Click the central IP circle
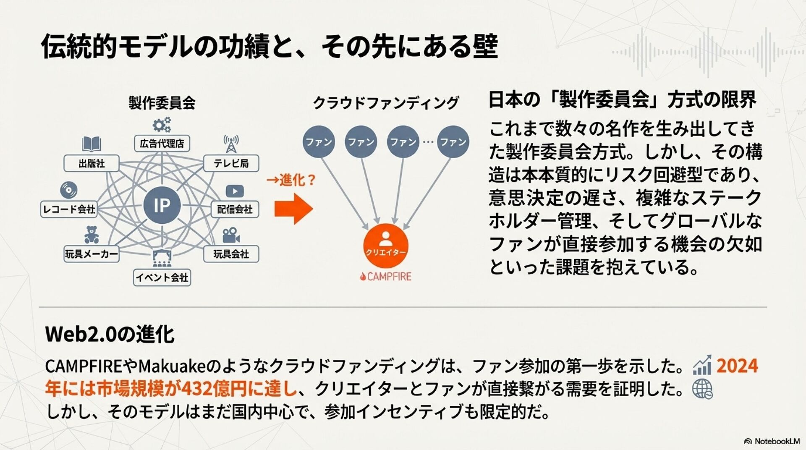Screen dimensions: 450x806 click(162, 205)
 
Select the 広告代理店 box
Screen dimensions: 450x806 click(162, 144)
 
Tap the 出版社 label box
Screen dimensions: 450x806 click(92, 163)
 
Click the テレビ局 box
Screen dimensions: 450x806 click(231, 163)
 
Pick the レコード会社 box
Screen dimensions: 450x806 click(69, 209)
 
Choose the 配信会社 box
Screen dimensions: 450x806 click(235, 209)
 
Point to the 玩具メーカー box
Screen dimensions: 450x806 click(92, 254)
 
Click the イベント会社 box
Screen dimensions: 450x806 click(162, 277)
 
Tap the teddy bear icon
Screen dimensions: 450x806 click(92, 235)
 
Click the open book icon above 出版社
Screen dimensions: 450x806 click(91, 144)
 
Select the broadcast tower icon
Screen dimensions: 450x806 click(231, 144)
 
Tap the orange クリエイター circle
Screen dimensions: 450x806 click(385, 246)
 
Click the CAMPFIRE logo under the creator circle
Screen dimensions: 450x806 click(386, 277)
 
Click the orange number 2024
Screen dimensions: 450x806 click(737, 366)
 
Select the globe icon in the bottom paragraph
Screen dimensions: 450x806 click(702, 389)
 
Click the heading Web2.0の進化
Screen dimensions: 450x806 click(110, 335)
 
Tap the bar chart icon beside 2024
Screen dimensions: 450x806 click(702, 365)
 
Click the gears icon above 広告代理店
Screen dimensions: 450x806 click(162, 125)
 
